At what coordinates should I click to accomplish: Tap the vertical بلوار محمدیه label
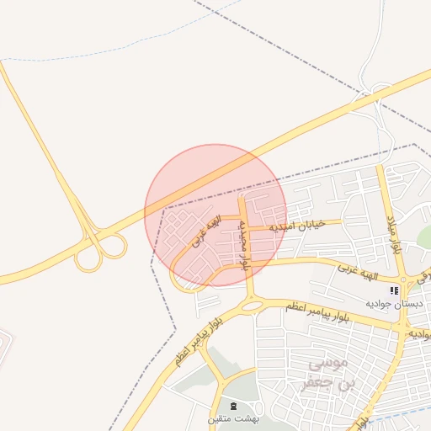(x=244, y=244)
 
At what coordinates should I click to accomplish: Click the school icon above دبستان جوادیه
(x=393, y=290)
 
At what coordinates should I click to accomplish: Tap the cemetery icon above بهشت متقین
(x=233, y=406)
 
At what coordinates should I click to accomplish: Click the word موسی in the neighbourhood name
(x=305, y=366)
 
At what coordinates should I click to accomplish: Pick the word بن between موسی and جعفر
(x=345, y=384)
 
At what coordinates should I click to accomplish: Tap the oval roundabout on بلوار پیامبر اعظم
(x=251, y=305)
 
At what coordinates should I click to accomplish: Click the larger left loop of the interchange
(x=88, y=256)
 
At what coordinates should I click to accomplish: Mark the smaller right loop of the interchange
(x=113, y=246)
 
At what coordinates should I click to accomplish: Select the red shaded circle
(x=215, y=215)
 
